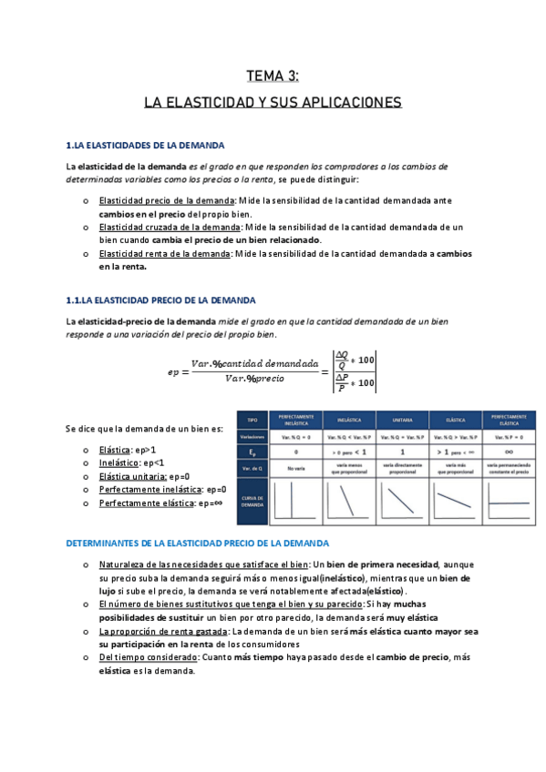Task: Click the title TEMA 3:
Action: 273,76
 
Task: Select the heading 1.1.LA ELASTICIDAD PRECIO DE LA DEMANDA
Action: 161,300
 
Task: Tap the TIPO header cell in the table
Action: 252,420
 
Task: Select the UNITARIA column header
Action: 402,421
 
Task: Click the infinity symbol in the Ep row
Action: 505,451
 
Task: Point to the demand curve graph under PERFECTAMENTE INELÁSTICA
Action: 294,502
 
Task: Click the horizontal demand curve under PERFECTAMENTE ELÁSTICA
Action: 507,502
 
